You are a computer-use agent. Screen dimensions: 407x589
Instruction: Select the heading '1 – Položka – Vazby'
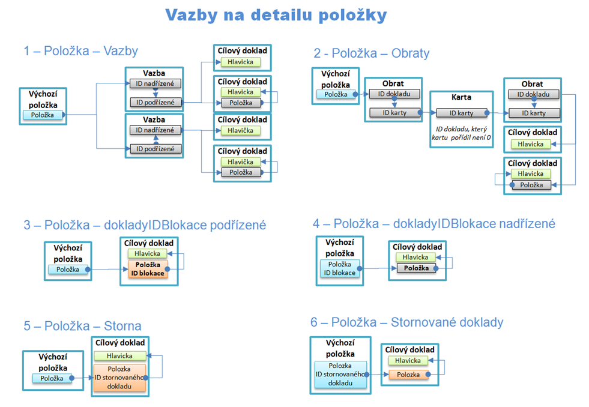pyautogui.click(x=81, y=51)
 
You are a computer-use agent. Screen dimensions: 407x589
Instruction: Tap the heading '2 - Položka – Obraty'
pyautogui.click(x=372, y=53)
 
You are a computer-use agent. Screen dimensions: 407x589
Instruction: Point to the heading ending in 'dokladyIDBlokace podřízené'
pyautogui.click(x=145, y=225)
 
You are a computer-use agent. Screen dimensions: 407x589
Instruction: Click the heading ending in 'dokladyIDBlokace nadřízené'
pyautogui.click(x=434, y=223)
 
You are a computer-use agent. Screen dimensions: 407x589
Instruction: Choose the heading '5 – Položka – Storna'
pyautogui.click(x=83, y=326)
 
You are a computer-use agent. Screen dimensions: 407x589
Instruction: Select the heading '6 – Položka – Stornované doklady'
pyautogui.click(x=407, y=322)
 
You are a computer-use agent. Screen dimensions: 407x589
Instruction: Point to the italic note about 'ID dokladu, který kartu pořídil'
pyautogui.click(x=461, y=133)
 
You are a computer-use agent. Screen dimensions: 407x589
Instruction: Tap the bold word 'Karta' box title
pyautogui.click(x=461, y=97)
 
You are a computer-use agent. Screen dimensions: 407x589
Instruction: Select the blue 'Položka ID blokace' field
pyautogui.click(x=340, y=268)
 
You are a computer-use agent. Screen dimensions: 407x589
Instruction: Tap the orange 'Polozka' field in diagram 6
pyautogui.click(x=408, y=375)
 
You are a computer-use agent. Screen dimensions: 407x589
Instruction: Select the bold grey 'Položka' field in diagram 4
pyautogui.click(x=417, y=268)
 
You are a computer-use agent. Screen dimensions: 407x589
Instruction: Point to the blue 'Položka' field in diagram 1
pyautogui.click(x=42, y=115)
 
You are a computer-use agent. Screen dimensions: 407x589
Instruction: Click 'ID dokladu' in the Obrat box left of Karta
pyautogui.click(x=390, y=94)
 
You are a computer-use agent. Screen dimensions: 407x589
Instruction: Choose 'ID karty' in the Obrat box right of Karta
pyautogui.click(x=534, y=113)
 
